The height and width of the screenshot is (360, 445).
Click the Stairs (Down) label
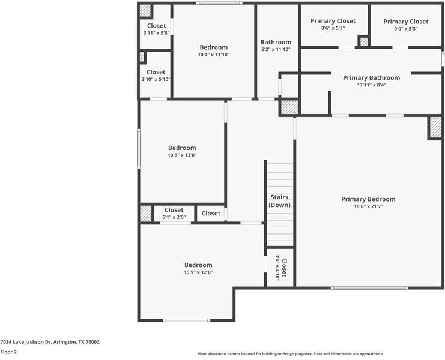pyautogui.click(x=279, y=200)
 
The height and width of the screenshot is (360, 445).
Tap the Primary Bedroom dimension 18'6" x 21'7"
pyautogui.click(x=368, y=207)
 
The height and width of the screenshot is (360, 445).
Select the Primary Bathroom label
pyautogui.click(x=371, y=77)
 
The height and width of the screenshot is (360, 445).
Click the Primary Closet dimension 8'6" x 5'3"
pyautogui.click(x=333, y=28)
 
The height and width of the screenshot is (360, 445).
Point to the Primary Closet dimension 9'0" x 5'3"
pyautogui.click(x=405, y=29)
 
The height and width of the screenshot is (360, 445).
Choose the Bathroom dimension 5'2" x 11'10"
pyautogui.click(x=276, y=50)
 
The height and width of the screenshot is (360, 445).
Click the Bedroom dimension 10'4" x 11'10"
pyautogui.click(x=214, y=55)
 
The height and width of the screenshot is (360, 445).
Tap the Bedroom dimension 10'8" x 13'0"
pyautogui.click(x=182, y=155)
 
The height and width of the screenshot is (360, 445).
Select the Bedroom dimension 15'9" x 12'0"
pyautogui.click(x=198, y=272)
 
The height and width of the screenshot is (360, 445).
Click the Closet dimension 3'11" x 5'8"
pyautogui.click(x=156, y=33)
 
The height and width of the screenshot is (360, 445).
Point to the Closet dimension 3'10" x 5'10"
pyautogui.click(x=156, y=79)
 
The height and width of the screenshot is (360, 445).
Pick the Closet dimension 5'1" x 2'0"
pyautogui.click(x=174, y=217)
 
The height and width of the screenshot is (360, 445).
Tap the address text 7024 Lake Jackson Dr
pyautogui.click(x=50, y=342)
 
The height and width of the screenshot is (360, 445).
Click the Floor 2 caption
pyautogui.click(x=8, y=352)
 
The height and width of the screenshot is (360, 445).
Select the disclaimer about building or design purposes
pyautogui.click(x=291, y=354)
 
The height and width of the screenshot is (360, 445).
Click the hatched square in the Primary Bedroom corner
pyautogui.click(x=435, y=128)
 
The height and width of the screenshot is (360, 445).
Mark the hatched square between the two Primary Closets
pyautogui.click(x=363, y=41)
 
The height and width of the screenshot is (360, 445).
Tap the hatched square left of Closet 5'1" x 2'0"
pyautogui.click(x=146, y=214)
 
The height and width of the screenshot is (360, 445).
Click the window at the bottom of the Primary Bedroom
pyautogui.click(x=369, y=288)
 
